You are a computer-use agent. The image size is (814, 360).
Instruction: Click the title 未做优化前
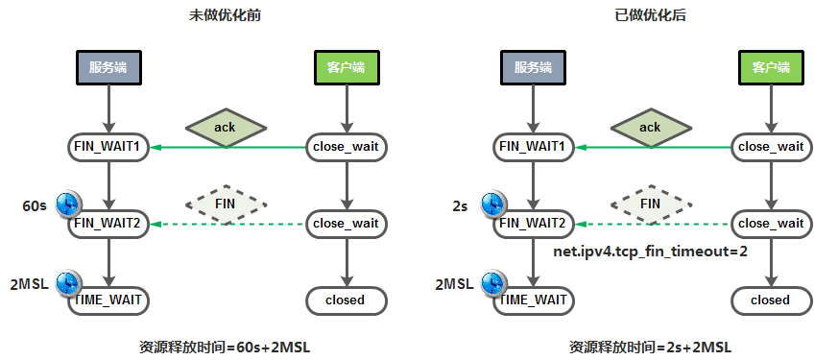[x=225, y=15]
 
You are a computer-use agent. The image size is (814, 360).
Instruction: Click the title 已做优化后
[x=651, y=15]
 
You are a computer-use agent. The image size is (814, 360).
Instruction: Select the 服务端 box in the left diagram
[x=108, y=67]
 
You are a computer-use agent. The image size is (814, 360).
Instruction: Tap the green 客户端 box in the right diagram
[x=771, y=67]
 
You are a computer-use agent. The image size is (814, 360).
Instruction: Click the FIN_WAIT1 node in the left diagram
[x=108, y=147]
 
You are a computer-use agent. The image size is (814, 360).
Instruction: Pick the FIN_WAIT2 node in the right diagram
[x=533, y=224]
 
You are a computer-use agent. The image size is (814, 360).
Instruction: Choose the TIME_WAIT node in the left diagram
[x=108, y=300]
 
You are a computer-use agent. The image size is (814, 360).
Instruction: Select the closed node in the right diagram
[x=771, y=300]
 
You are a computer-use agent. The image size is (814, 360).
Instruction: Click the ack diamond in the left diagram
[x=226, y=128]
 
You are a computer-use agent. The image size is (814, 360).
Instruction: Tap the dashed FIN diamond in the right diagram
[x=651, y=204]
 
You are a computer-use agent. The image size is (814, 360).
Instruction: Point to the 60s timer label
[x=35, y=205]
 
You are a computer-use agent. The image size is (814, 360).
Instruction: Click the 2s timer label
[x=460, y=206]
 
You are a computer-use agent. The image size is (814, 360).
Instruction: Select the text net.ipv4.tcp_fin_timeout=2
[x=651, y=252]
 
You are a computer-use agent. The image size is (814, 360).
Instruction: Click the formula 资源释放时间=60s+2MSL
[x=225, y=347]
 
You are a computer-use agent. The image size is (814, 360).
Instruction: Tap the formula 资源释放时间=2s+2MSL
[x=651, y=347]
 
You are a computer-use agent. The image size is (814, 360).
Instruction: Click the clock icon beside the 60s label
[x=68, y=204]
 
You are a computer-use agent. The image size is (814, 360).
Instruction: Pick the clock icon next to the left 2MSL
[x=68, y=283]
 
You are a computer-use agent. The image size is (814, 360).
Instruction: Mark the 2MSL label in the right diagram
[x=454, y=284]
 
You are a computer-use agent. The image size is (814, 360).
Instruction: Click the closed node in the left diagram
[x=346, y=300]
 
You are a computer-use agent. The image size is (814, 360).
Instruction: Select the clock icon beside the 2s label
[x=493, y=204]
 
